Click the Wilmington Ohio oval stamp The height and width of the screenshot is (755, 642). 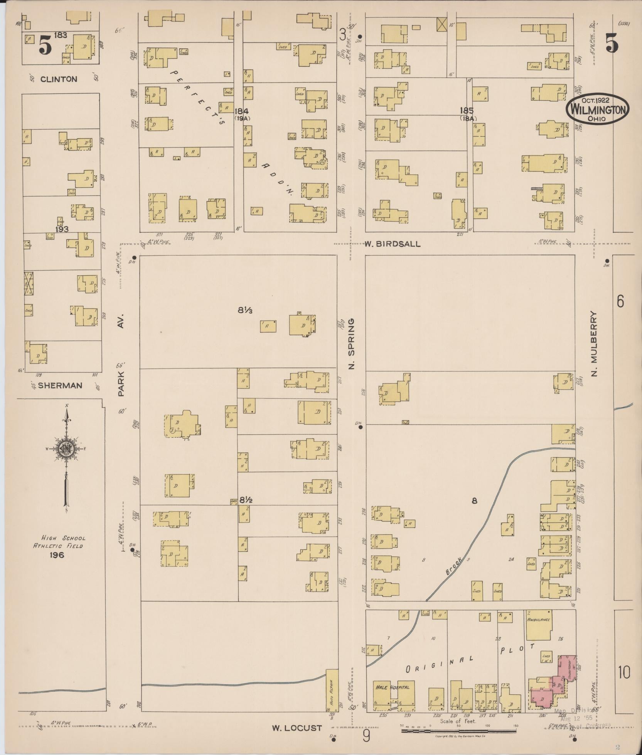(x=597, y=110)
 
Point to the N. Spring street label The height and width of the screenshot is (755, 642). (x=351, y=343)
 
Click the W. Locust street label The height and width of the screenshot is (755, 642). (x=297, y=728)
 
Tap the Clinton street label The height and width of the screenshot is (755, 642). (x=59, y=79)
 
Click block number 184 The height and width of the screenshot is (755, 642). (x=242, y=111)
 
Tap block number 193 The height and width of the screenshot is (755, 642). (x=62, y=229)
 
